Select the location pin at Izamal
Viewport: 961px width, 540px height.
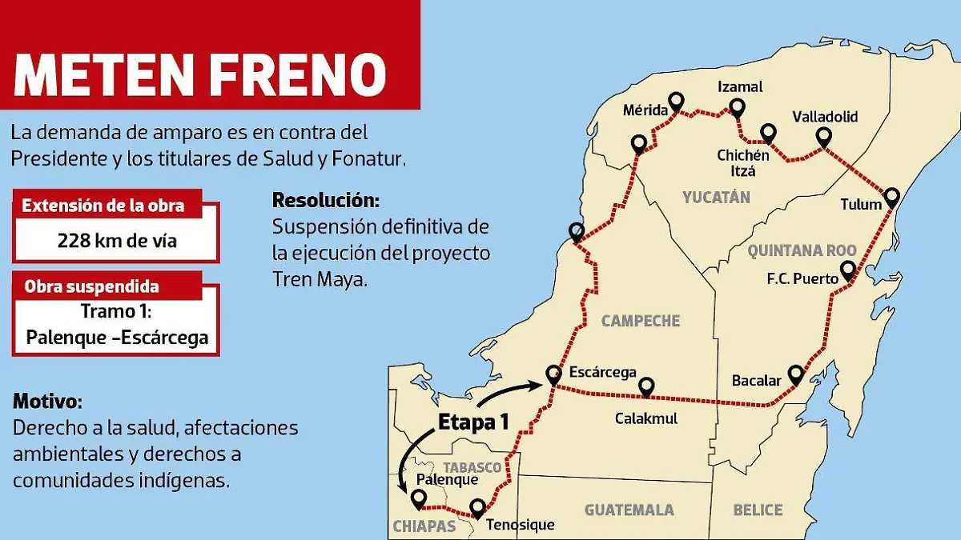(737, 108)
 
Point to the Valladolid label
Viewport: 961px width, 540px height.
(824, 117)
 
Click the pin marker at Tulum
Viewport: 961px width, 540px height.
(891, 196)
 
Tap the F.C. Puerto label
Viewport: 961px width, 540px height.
(802, 279)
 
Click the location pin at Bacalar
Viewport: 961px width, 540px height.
(795, 374)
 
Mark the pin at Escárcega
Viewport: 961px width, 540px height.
(553, 373)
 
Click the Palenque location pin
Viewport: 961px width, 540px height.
(417, 498)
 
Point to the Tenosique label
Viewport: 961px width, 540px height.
(521, 526)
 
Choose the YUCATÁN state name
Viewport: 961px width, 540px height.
(716, 197)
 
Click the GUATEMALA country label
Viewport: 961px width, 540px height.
(629, 510)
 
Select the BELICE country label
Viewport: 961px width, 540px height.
(758, 510)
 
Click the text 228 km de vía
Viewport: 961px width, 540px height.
(117, 240)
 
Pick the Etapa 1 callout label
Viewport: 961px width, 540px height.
(472, 423)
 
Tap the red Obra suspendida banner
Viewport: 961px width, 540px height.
(91, 286)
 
